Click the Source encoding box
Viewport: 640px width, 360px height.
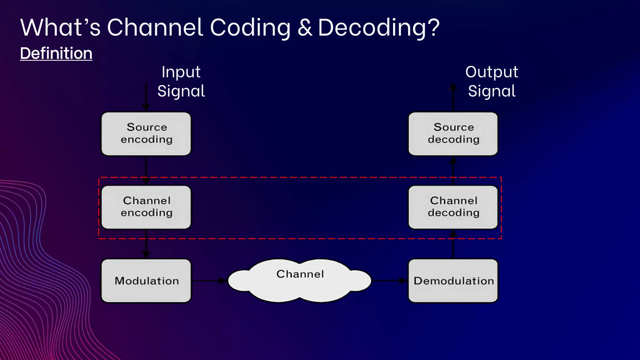click(x=146, y=134)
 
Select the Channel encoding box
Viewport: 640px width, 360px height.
click(x=146, y=207)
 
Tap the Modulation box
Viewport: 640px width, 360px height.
click(x=146, y=281)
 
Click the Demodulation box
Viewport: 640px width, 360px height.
click(x=453, y=281)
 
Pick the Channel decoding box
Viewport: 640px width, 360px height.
click(x=453, y=207)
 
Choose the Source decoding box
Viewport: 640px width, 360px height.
click(x=453, y=134)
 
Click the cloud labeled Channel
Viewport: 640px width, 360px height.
click(x=300, y=280)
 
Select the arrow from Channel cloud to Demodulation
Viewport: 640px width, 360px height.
click(x=389, y=281)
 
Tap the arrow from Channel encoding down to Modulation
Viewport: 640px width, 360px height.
click(x=146, y=244)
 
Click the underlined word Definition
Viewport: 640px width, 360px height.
click(x=56, y=53)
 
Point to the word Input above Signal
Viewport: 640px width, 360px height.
click(x=181, y=72)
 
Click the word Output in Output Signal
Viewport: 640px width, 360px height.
click(x=492, y=72)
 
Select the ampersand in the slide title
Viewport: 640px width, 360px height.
click(x=305, y=27)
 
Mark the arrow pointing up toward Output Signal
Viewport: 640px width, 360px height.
click(x=453, y=97)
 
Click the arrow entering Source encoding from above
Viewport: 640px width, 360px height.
click(x=146, y=97)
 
